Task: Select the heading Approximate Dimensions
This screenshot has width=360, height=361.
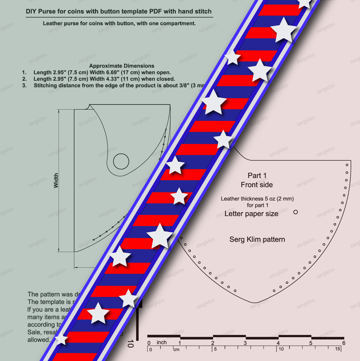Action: pos(122,66)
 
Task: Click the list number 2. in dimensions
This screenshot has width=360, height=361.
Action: pos(24,79)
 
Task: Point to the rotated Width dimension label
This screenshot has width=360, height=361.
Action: pos(56,180)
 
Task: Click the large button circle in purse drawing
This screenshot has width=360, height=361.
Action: pos(121,161)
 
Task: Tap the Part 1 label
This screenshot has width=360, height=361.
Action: pos(257,176)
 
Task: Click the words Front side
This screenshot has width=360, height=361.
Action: pos(257,185)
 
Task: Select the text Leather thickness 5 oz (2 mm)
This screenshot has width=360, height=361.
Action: pos(257,199)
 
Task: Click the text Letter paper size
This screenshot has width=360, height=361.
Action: pos(251,214)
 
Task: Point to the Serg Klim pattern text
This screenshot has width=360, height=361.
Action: pos(257,240)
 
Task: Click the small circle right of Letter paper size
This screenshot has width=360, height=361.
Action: pos(295,212)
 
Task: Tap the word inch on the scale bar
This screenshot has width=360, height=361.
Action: pos(162,343)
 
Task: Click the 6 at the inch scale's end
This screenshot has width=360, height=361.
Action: pos(344,343)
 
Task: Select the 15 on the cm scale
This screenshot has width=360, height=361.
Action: pos(337,349)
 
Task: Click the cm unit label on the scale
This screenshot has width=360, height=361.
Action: pos(176,349)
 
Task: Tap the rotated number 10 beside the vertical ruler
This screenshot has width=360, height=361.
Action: pos(130,344)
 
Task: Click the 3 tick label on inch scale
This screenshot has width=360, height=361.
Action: pos(245,343)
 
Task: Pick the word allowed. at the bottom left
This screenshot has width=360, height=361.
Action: pos(39,340)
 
